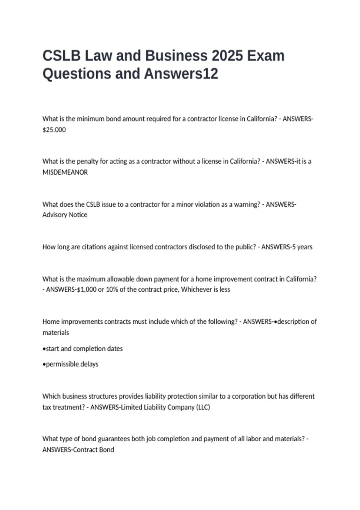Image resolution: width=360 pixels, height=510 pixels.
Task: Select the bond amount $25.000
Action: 54,130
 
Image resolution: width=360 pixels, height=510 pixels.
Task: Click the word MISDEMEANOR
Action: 65,172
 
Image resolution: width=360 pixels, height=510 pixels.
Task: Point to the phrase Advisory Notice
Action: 65,215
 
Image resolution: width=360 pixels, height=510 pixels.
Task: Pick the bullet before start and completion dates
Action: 44,349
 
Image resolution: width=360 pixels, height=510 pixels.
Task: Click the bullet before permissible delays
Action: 44,364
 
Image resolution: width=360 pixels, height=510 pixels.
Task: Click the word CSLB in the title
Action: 61,56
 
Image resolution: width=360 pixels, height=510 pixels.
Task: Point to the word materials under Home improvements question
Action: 56,333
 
